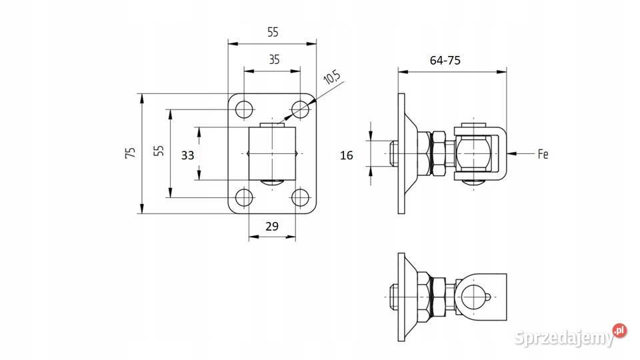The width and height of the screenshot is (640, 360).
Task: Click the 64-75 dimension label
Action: [x=445, y=61]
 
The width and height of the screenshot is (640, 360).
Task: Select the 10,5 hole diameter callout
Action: [x=331, y=77]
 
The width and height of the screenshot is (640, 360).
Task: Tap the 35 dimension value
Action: [x=274, y=59]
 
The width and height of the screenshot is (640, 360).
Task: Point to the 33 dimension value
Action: [x=188, y=155]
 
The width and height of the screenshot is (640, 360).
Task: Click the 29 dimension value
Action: [x=272, y=226]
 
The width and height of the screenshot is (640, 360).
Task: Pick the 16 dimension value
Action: [x=347, y=155]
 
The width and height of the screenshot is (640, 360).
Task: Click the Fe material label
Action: [x=543, y=154]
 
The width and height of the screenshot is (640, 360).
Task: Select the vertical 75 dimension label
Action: [x=131, y=153]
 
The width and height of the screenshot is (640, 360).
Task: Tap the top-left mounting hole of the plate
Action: [x=244, y=109]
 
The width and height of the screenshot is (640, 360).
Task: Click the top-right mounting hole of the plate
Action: [x=300, y=109]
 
